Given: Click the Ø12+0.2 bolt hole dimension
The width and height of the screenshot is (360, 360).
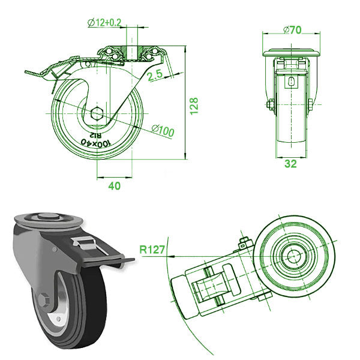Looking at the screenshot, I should [105, 22].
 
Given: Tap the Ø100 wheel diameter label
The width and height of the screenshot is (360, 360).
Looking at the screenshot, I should [163, 130].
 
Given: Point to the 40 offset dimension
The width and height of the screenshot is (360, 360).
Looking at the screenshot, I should [114, 186].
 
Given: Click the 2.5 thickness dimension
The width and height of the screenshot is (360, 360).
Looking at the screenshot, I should [155, 75].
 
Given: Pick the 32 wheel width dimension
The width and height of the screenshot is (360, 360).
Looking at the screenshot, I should [290, 164].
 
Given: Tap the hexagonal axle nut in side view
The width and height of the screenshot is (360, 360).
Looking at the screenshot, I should [99, 113].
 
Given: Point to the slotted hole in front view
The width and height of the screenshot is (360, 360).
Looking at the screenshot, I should [290, 83].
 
